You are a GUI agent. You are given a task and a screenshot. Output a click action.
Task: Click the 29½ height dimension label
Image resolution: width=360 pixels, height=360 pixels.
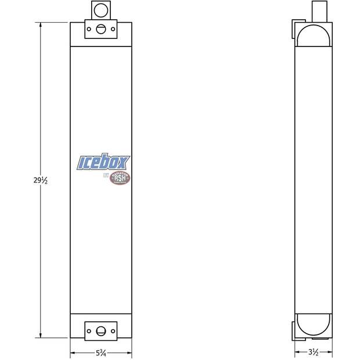40,181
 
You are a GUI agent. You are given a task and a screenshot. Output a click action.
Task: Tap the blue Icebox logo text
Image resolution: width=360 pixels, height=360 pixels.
104,163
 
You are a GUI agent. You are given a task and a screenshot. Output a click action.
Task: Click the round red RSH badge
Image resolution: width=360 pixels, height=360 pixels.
120,178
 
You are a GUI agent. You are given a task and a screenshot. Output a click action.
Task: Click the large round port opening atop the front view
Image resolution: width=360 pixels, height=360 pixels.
101,10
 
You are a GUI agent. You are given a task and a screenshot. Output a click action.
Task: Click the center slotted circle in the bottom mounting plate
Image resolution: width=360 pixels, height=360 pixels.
101,331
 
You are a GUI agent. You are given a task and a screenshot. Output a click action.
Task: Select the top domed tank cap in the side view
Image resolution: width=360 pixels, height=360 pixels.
313,34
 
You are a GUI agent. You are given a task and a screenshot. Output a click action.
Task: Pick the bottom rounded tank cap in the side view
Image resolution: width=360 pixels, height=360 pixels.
313,325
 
